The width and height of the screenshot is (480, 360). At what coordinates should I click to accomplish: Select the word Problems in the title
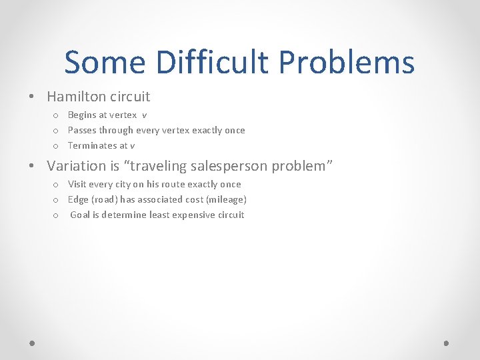347,63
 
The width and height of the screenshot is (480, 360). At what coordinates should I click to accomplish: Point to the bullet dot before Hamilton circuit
32,97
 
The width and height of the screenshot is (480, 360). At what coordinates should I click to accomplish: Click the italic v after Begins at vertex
144,115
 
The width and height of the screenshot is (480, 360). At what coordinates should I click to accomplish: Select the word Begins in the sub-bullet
82,115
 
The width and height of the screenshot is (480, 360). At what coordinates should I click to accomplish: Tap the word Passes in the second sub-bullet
82,131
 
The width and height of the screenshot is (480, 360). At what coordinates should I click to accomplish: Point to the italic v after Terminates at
133,146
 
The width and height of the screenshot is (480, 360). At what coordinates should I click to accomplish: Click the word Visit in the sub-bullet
77,185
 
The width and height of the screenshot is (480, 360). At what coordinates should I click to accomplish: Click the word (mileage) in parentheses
226,200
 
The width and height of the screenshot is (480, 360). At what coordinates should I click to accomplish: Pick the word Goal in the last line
81,215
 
